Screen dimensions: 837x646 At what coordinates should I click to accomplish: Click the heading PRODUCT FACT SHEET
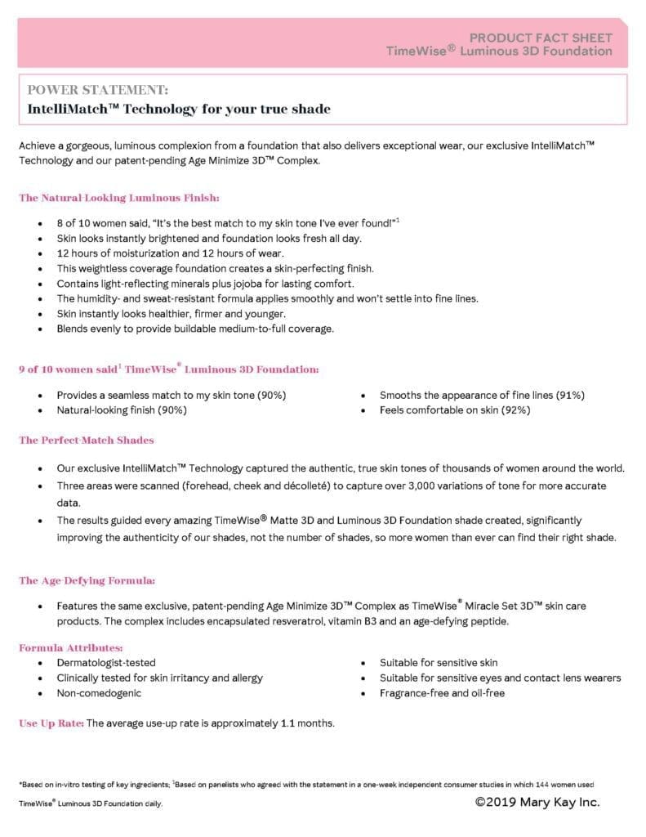541,38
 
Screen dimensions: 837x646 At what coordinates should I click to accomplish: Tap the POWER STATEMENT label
98,89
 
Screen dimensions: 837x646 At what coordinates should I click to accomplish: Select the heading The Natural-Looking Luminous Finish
119,198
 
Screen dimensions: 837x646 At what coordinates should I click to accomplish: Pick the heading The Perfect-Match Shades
87,441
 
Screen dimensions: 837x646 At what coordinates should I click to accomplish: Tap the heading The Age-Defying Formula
87,581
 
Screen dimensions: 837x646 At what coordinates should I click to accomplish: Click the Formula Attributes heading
71,648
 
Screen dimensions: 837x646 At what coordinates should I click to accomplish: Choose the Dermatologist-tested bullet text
106,663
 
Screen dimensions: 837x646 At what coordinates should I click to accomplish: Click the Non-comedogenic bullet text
99,693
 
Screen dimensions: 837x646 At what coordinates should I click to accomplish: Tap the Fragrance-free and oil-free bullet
442,693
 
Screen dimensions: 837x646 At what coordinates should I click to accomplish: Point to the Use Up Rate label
51,723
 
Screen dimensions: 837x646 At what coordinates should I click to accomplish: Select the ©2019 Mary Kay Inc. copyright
537,802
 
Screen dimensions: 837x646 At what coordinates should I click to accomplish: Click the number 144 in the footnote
535,784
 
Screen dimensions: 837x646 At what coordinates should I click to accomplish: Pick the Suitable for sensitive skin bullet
439,663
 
